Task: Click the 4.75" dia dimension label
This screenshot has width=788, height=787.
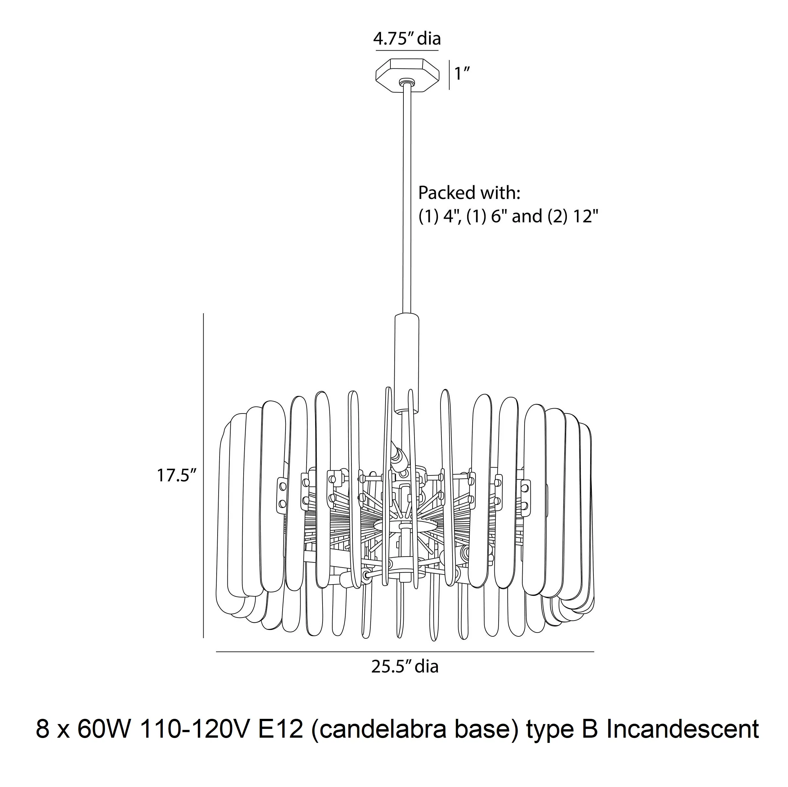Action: pos(407,39)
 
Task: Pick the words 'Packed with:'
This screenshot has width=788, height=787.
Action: pos(469,193)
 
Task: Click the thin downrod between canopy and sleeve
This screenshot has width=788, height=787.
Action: pos(406,200)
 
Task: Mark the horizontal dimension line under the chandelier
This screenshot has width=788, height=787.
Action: pos(405,652)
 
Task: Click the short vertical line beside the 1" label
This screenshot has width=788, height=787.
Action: pos(449,75)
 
